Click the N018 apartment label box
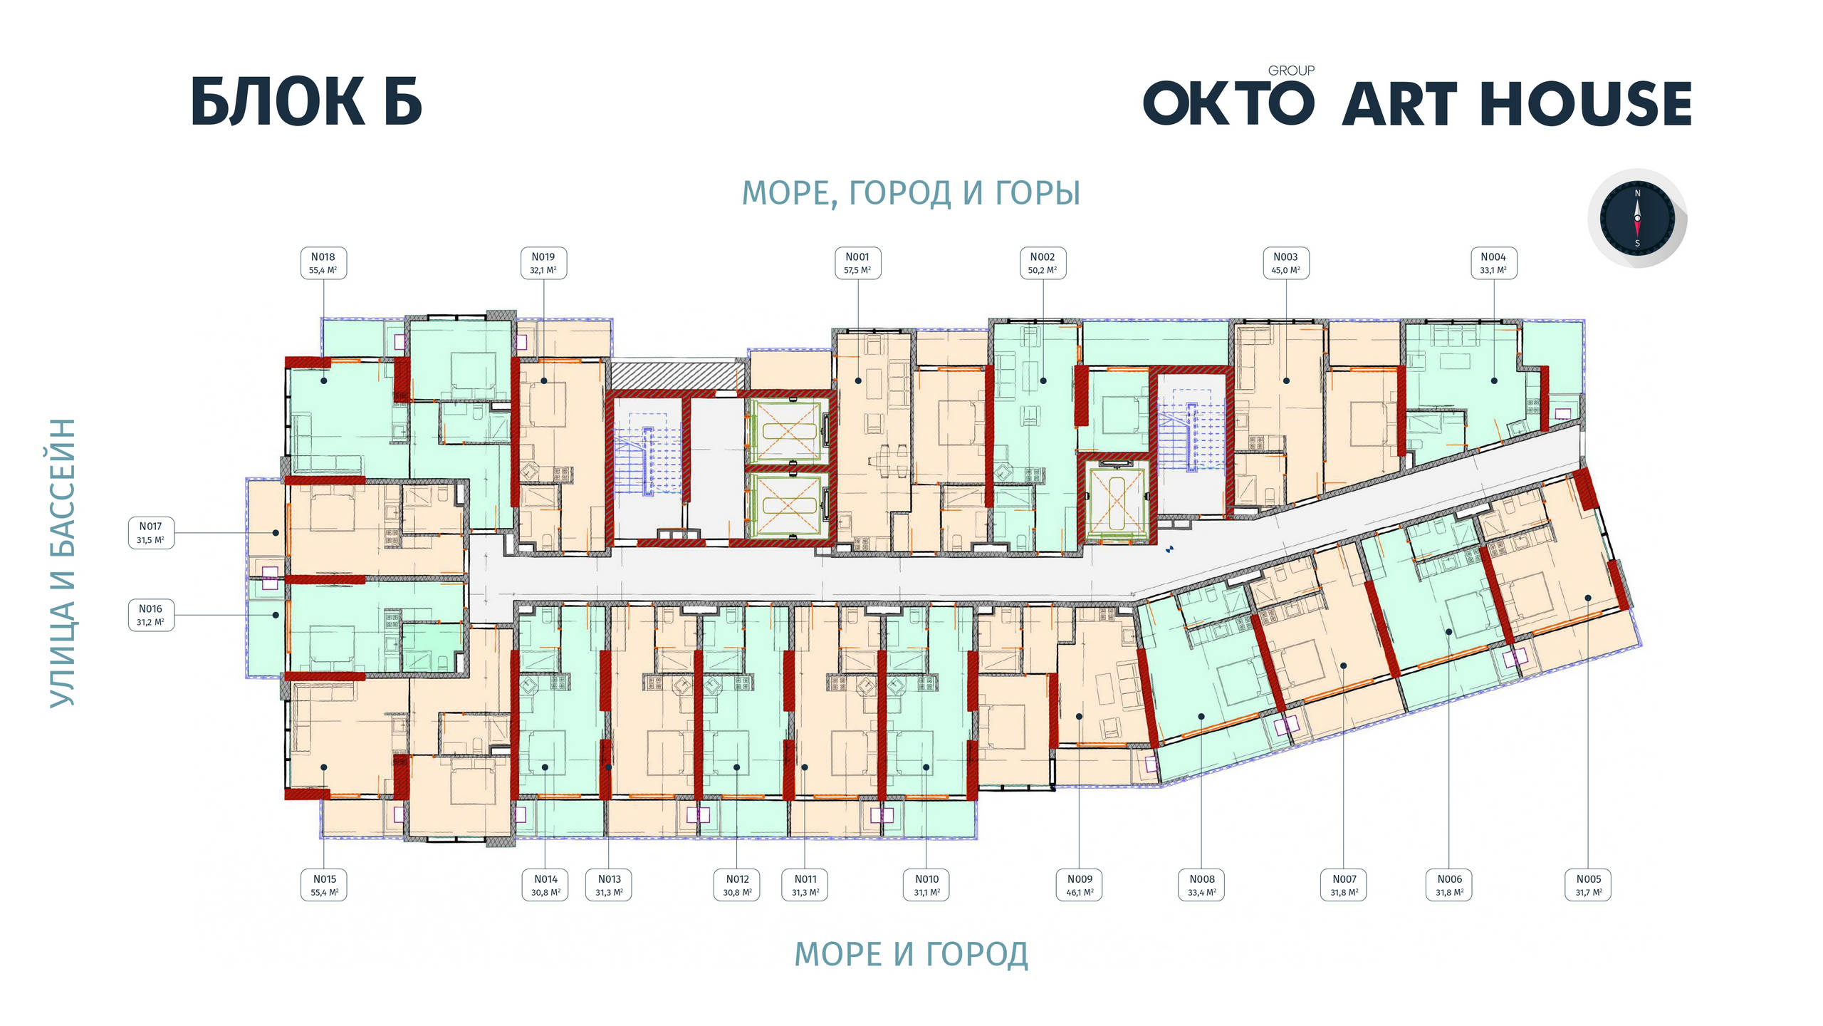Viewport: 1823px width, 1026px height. pos(323,263)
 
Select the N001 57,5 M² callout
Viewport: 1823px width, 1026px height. pos(857,263)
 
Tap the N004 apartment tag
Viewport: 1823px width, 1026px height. pos(1493,263)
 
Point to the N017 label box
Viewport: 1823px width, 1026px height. pos(151,532)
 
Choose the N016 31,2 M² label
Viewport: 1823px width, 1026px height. pos(151,615)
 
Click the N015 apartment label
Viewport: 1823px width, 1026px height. pos(324,885)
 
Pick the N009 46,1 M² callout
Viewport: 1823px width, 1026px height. pos(1080,885)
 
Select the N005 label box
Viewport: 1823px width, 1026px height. pos(1588,885)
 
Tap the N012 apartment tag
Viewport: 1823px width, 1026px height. pos(737,885)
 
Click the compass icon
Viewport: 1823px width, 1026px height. pos(1637,218)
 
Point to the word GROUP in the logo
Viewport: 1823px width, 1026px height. pos(1291,71)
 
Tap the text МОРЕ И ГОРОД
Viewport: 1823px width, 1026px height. pos(911,954)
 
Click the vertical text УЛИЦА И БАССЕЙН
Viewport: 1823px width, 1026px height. pos(63,563)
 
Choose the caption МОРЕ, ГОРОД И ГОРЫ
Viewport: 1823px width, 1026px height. pos(911,193)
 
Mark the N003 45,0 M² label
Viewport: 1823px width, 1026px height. pos(1285,263)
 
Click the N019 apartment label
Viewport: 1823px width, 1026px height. pos(543,263)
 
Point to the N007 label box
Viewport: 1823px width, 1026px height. pos(1344,885)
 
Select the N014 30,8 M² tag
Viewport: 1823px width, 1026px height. pos(545,885)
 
